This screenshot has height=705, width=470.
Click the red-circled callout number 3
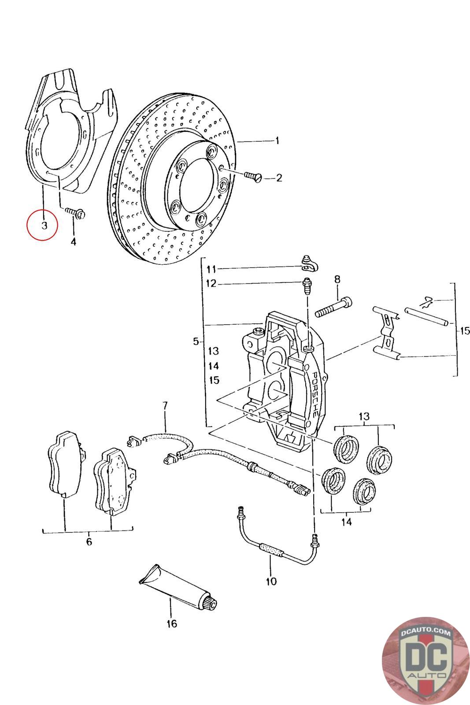[44, 225]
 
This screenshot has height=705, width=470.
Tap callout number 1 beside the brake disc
[277, 141]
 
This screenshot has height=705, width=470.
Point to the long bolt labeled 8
[333, 307]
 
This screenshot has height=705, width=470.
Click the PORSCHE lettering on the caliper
[314, 394]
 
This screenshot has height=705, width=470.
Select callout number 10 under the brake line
[271, 581]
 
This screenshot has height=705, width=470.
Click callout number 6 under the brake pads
[89, 542]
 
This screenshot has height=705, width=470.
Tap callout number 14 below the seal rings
[346, 522]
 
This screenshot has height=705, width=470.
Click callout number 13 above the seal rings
[364, 416]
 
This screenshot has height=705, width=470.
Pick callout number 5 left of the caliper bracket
[196, 341]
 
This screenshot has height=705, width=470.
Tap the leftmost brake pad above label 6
[65, 465]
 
